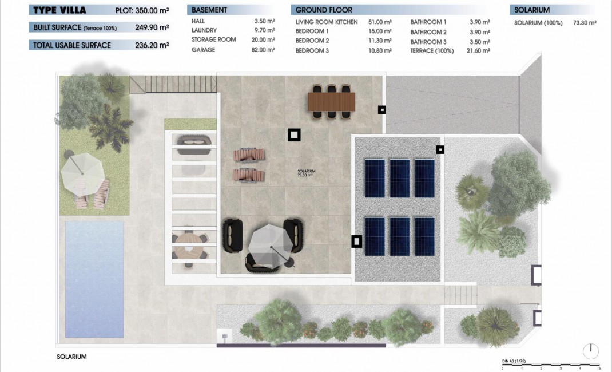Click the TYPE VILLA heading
[x=60, y=10]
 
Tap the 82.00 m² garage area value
[x=264, y=50]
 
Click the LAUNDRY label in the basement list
[x=204, y=30]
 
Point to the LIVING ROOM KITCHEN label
[x=327, y=22]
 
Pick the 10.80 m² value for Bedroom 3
[x=380, y=50]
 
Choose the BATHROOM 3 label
[x=428, y=42]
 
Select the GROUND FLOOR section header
[x=324, y=10]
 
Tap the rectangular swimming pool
[x=94, y=279]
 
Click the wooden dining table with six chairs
[x=331, y=102]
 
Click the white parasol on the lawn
[x=81, y=173]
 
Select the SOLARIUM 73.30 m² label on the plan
[x=307, y=173]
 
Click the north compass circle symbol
[x=591, y=350]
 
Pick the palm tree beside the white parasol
[x=110, y=127]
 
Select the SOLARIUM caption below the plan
[x=71, y=357]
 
